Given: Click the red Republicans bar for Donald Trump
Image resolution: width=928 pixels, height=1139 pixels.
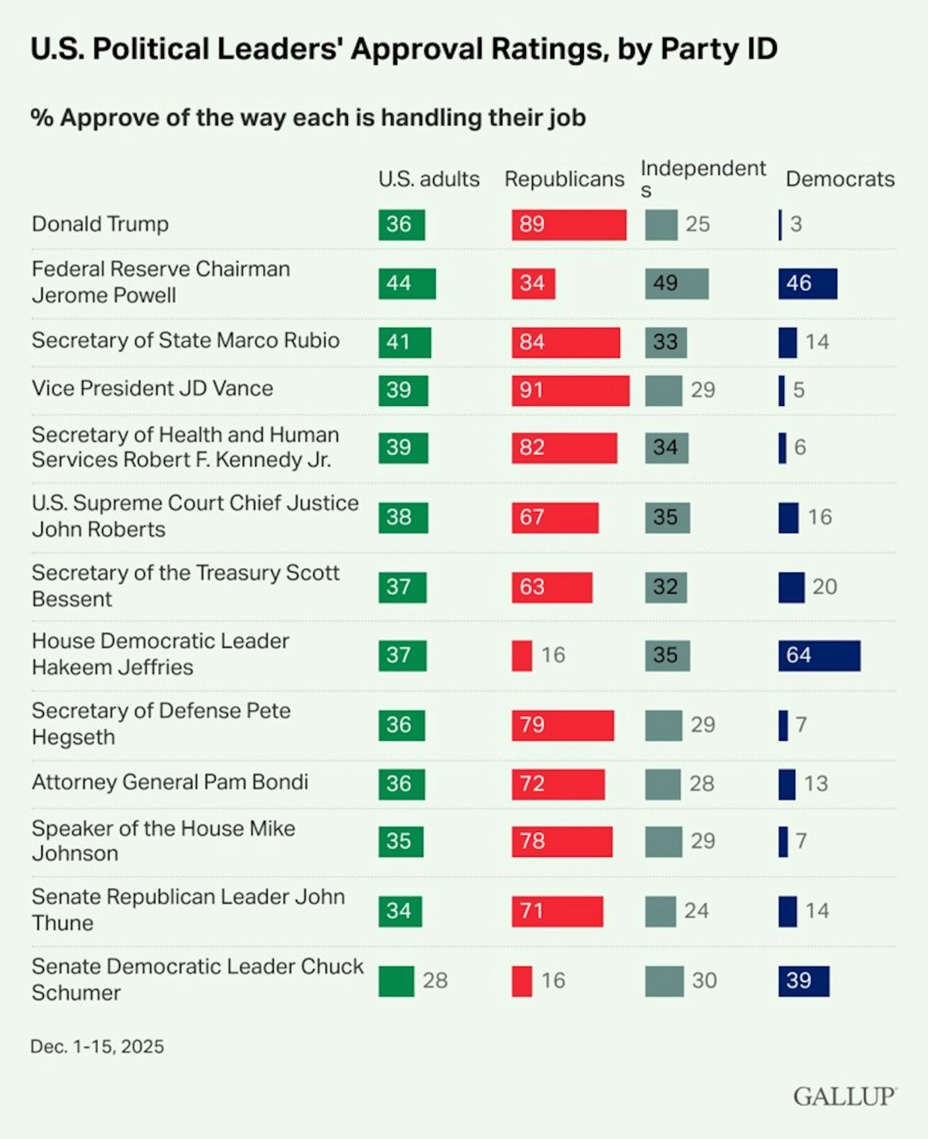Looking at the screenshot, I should click(568, 224).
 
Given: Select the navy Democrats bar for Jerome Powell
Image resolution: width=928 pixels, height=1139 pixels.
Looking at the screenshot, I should click(807, 283).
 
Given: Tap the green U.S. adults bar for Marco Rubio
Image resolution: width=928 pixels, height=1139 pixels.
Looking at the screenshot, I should click(404, 342).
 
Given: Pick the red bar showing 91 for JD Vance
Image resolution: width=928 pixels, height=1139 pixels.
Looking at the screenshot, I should click(570, 390).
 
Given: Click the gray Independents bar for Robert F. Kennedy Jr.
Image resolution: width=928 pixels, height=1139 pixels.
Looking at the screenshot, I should click(666, 447).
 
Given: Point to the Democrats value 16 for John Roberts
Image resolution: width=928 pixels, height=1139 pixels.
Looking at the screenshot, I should click(820, 517).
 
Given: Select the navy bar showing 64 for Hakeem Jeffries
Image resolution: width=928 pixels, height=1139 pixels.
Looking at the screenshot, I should click(819, 655).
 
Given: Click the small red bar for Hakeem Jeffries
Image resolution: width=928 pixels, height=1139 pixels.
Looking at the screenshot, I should click(522, 655).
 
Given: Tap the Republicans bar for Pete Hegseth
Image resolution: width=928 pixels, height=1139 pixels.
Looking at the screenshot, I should click(562, 725).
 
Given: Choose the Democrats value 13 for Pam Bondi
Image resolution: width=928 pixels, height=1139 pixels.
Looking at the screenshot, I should click(816, 783).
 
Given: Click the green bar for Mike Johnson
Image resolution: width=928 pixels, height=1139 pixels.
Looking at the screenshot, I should click(401, 841).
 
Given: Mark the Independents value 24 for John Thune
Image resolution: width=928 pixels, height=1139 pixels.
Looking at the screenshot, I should click(696, 911).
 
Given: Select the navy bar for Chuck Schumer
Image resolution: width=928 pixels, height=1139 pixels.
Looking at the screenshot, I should click(803, 980).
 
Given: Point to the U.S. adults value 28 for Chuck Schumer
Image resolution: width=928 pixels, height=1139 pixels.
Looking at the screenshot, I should click(435, 980).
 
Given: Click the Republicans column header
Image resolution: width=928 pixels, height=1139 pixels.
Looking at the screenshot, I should click(564, 179).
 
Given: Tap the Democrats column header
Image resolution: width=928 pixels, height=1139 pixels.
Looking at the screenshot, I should click(840, 179).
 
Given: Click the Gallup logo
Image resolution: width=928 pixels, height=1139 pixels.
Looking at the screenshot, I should click(844, 1096).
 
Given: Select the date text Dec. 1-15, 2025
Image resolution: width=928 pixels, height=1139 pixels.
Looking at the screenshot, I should click(97, 1046).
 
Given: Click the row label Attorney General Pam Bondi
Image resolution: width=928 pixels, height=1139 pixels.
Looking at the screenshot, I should click(170, 782).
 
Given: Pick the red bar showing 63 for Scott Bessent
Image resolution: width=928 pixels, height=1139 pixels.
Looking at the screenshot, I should click(551, 587).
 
